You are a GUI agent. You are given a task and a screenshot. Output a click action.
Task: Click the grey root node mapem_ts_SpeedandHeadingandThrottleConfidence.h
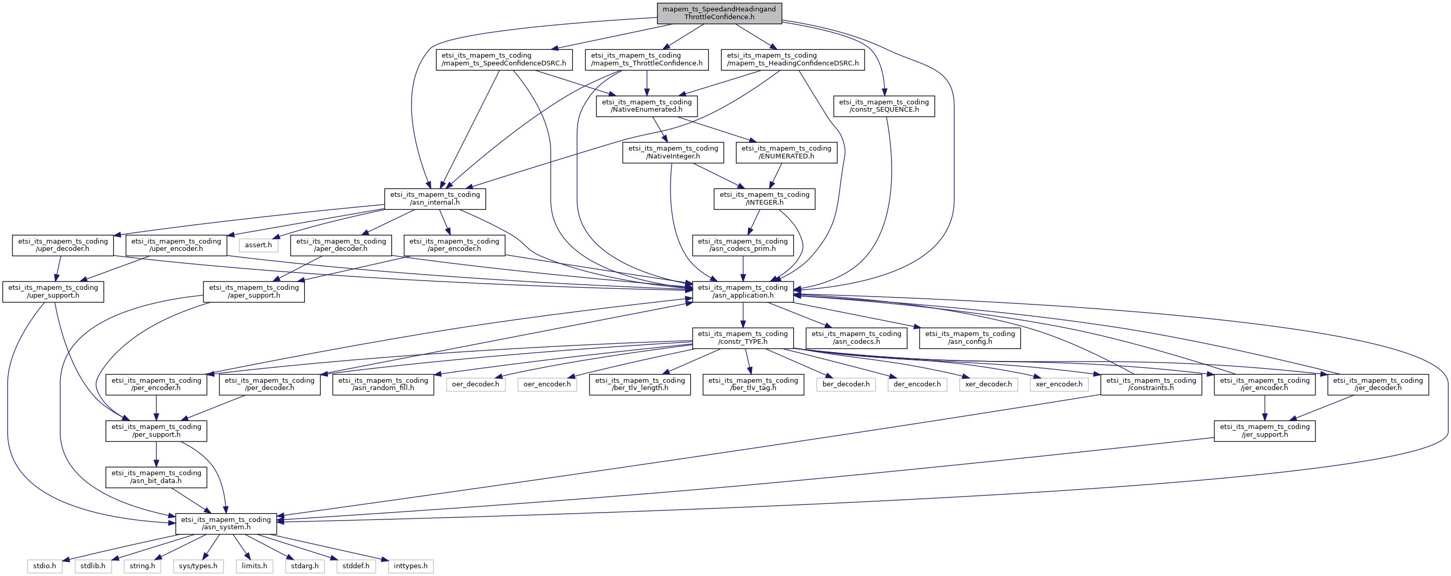tap(719, 13)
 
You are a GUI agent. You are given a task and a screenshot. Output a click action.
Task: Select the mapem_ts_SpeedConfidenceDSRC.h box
tap(503, 59)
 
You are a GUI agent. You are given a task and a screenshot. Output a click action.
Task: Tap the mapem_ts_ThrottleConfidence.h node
tap(647, 59)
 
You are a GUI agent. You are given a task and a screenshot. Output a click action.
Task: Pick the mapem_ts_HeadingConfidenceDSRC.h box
tap(792, 59)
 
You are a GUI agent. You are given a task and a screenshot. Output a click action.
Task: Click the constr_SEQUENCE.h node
tap(884, 106)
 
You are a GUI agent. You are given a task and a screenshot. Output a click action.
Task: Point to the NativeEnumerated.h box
tap(647, 106)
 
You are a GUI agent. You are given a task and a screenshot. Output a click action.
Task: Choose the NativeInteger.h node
tap(673, 152)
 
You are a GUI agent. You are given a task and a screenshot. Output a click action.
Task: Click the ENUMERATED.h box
tap(786, 152)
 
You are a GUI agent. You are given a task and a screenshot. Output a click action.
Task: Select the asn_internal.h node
tap(435, 198)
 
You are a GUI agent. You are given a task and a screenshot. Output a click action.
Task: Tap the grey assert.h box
tap(258, 245)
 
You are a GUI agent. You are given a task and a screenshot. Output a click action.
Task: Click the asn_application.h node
tap(743, 291)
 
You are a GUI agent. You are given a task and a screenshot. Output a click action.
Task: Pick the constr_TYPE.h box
tap(743, 338)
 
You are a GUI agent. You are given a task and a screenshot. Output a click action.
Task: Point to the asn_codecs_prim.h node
tap(743, 245)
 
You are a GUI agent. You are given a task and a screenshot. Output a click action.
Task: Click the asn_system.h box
tap(226, 524)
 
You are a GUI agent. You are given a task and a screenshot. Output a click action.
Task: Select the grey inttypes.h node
tap(410, 566)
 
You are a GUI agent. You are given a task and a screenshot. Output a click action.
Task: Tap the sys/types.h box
tap(198, 566)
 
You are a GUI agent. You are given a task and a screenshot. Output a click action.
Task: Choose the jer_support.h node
tap(1265, 431)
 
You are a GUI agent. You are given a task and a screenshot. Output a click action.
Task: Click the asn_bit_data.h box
tap(156, 477)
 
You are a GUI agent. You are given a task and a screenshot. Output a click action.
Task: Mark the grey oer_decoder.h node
tap(475, 384)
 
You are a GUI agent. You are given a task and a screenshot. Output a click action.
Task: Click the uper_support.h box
tap(53, 291)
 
